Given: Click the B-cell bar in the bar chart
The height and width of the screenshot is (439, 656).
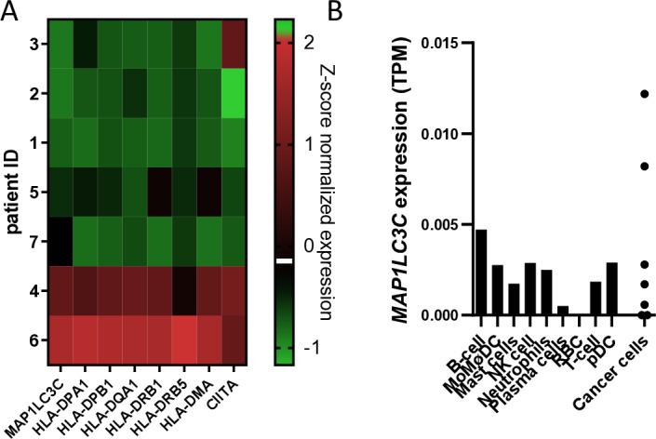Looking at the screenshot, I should pos(481,272).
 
